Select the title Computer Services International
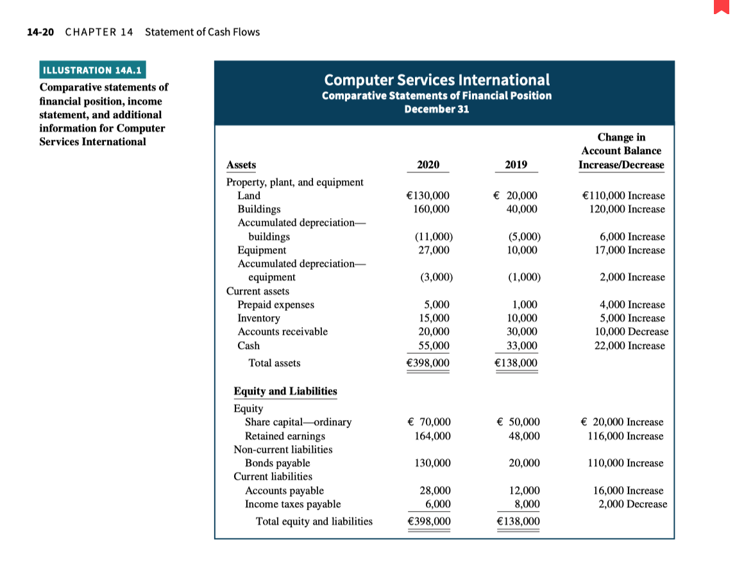437,80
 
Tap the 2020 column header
428,165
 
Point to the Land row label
249,196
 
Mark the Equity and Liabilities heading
285,391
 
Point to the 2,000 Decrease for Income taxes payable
632,504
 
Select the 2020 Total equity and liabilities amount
428,521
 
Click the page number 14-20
40,32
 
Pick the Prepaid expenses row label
276,305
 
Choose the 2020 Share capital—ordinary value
429,422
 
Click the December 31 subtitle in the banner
437,108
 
